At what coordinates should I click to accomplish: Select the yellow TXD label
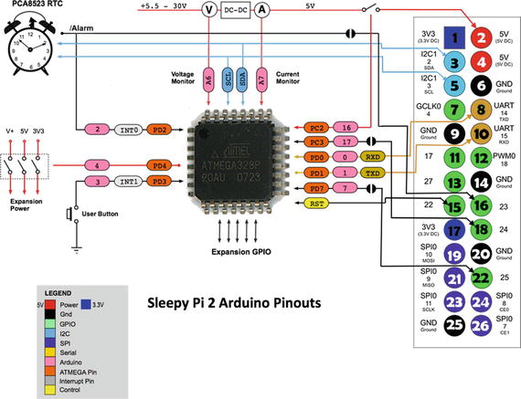(x=347, y=173)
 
